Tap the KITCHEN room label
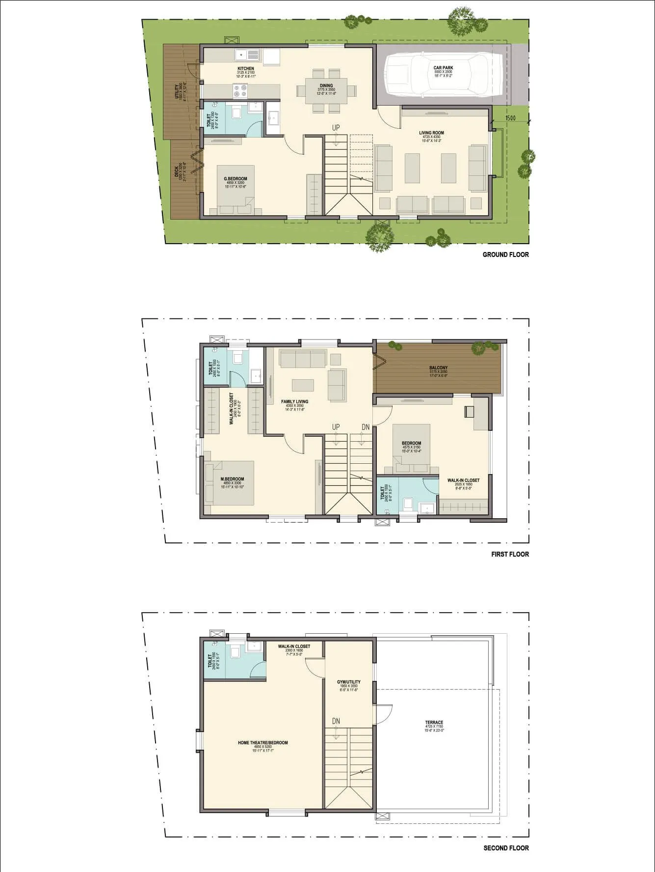point(246,69)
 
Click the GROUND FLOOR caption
point(505,254)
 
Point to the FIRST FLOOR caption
point(510,554)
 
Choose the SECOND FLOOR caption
point(506,848)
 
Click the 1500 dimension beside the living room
point(510,118)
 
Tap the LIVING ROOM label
point(431,133)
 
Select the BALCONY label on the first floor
point(438,367)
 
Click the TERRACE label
point(434,723)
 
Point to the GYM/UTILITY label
point(348,682)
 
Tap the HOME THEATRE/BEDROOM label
point(262,743)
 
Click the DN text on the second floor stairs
point(336,721)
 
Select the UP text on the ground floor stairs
point(336,128)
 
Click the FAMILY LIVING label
point(294,401)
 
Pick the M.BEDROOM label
point(232,479)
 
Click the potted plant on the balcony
point(478,348)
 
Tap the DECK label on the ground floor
point(176,171)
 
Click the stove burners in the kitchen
point(240,91)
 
